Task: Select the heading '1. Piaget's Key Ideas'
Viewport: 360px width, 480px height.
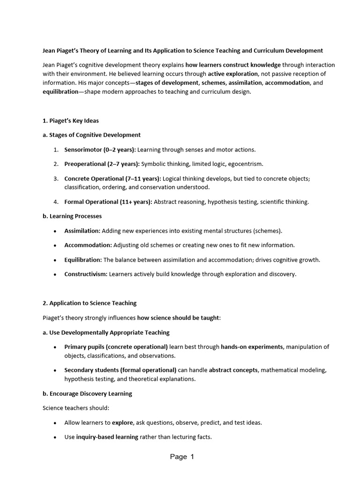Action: click(70, 120)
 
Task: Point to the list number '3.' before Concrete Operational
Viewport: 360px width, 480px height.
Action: click(55, 179)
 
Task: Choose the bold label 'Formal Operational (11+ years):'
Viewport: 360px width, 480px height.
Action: click(108, 202)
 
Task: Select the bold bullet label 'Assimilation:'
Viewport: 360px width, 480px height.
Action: click(82, 231)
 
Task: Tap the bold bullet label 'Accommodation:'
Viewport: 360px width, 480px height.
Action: click(88, 245)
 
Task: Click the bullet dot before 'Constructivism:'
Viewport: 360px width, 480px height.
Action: click(55, 274)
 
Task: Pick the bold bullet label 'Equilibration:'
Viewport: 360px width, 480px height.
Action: click(83, 260)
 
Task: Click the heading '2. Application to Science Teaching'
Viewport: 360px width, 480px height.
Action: click(90, 303)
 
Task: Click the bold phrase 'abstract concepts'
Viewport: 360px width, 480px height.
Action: click(233, 370)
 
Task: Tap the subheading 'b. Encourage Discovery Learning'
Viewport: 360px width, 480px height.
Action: click(87, 393)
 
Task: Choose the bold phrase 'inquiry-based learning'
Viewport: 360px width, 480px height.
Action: click(107, 437)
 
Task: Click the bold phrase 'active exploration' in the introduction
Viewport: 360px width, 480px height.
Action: click(233, 74)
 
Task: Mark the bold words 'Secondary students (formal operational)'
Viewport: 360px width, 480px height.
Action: click(120, 370)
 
